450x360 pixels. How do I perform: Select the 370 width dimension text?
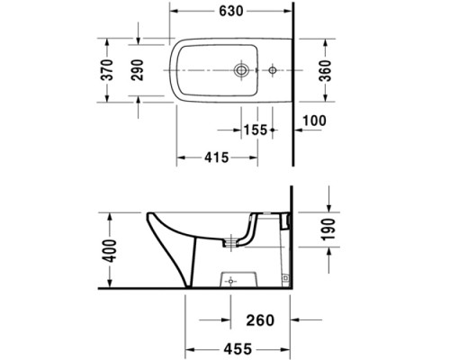108,70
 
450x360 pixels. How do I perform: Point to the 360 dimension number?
325,70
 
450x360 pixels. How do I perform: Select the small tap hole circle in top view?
272,69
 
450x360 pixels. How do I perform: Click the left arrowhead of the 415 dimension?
178,157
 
